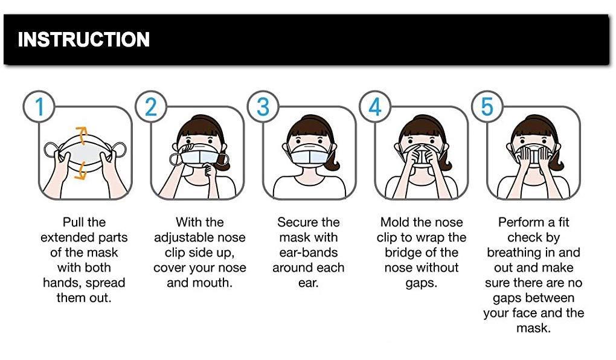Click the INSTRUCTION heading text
[84, 40]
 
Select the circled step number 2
[150, 108]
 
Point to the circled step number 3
[263, 108]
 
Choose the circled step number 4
[375, 108]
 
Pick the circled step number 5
[487, 108]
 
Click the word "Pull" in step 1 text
[75, 223]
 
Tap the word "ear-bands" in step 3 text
[308, 253]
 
